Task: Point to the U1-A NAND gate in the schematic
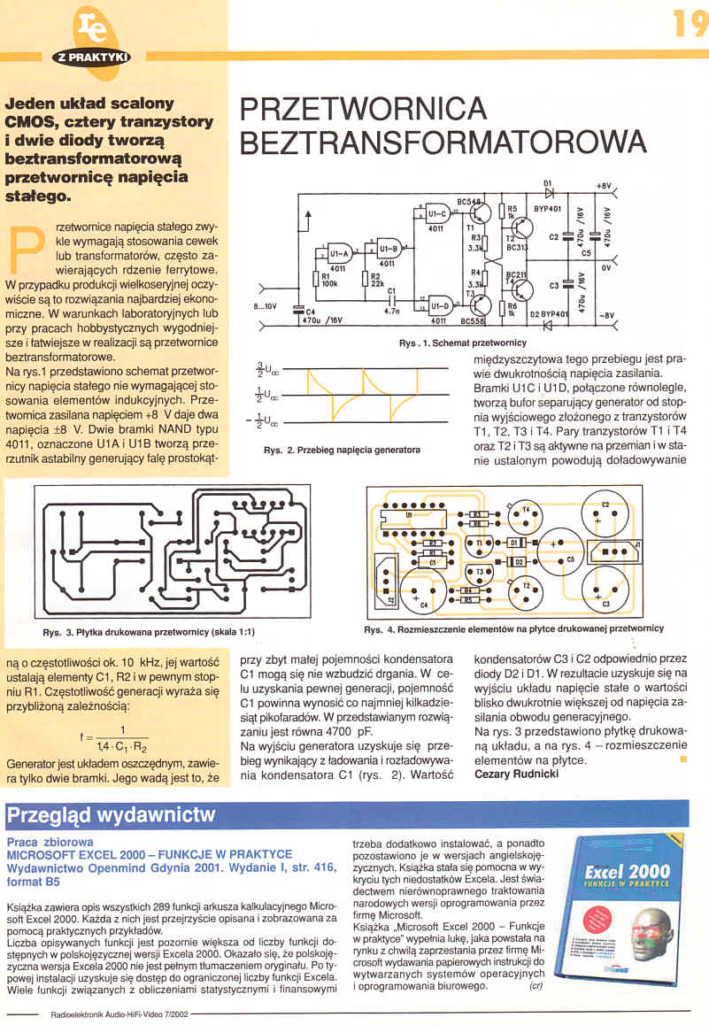337,254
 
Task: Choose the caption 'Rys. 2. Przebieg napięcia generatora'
342,450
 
